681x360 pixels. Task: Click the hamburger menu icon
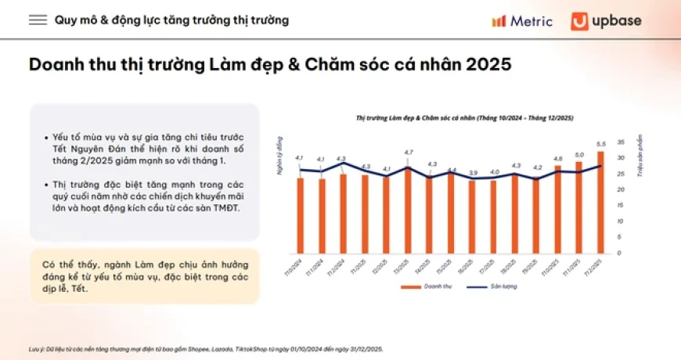click(38, 20)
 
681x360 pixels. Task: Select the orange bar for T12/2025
click(600, 202)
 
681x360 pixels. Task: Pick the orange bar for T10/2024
click(300, 215)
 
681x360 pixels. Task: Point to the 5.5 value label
click(600, 144)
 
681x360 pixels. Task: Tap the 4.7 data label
click(408, 152)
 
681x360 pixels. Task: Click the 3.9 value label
click(472, 172)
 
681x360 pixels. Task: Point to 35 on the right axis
click(620, 142)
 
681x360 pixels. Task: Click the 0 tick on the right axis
click(618, 253)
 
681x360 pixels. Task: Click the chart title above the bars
click(465, 117)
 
